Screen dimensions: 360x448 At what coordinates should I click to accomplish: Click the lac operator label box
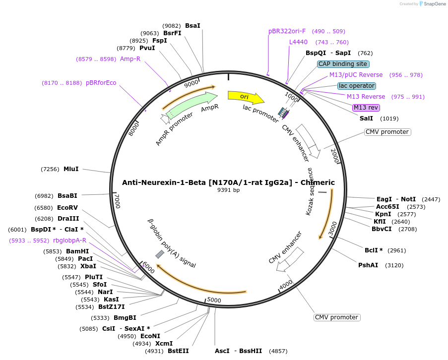point(356,86)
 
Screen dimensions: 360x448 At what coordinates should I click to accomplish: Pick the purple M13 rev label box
point(366,108)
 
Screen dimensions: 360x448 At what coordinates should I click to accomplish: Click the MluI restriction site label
point(71,169)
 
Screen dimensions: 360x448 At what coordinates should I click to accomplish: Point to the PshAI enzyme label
point(368,265)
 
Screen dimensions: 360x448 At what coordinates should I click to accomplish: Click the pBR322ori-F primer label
point(287,31)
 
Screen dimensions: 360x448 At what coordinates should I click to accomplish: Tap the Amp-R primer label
point(130,59)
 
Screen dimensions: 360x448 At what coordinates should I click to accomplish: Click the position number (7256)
point(50,169)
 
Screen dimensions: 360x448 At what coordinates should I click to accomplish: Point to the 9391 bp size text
point(228,190)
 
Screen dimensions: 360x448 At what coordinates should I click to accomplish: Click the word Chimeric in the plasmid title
point(318,182)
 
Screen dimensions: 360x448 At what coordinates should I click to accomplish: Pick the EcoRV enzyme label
point(67,208)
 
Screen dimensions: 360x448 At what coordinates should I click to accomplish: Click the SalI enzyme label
point(366,119)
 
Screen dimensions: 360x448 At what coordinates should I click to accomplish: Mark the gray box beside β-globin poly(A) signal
point(160,254)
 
